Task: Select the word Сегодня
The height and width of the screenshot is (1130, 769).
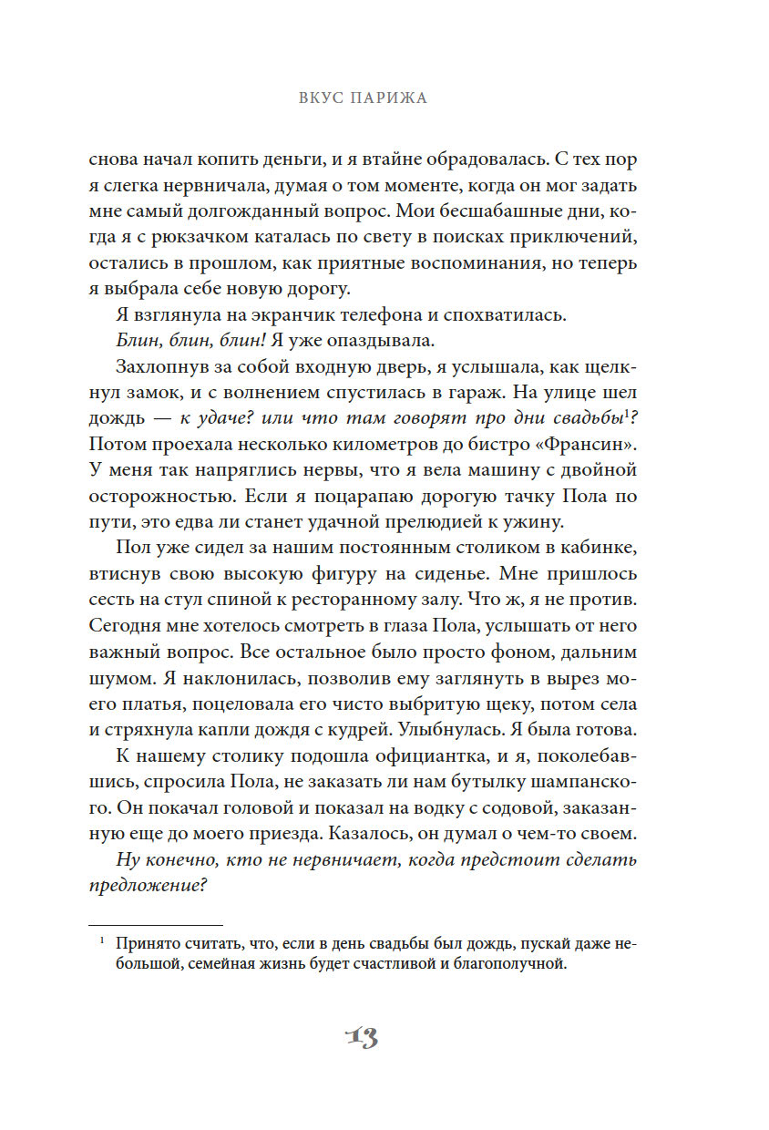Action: [124, 628]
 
